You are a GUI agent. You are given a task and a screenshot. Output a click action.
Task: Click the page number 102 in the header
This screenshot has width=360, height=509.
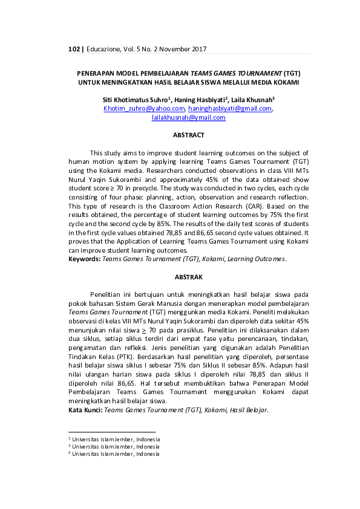click(x=75, y=49)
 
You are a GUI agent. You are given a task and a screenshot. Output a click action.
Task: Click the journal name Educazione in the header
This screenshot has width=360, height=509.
click(x=106, y=49)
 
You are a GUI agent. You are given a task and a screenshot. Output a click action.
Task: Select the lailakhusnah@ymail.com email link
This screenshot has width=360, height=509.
click(x=188, y=118)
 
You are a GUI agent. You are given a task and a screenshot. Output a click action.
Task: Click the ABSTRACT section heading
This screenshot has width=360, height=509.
click(x=188, y=135)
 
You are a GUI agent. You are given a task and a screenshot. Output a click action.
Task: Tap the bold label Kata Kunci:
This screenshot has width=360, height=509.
click(x=85, y=410)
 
